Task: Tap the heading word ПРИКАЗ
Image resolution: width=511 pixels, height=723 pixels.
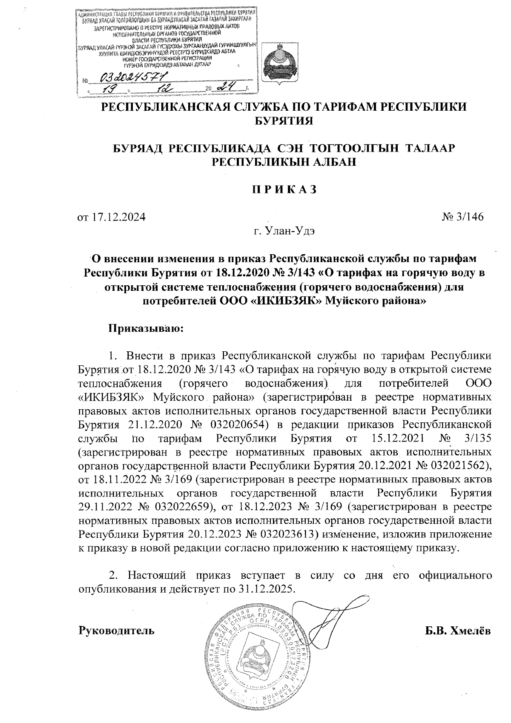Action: coord(283,189)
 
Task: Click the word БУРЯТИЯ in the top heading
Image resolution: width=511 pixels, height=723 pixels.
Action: coord(284,121)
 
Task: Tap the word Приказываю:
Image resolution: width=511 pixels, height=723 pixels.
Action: coord(146,328)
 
